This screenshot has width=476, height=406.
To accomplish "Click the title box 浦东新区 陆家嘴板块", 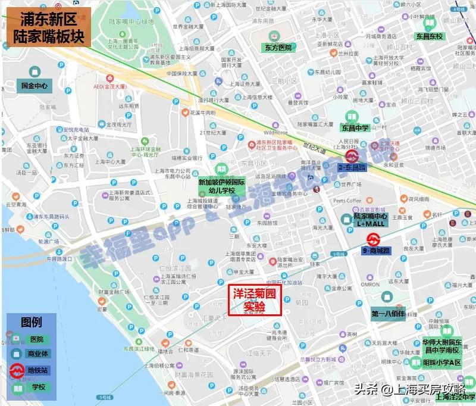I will [x=46, y=27].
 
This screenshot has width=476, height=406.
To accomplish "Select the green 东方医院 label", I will [x=279, y=47].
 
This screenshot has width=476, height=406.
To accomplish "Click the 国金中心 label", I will [x=34, y=86].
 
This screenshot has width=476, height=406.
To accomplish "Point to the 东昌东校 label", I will [x=430, y=36].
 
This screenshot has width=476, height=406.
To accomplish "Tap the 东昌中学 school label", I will [x=354, y=127].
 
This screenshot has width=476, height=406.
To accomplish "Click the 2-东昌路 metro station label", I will [x=351, y=168].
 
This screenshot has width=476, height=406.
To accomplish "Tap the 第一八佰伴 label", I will [x=387, y=313].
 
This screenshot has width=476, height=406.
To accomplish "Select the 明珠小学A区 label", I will [x=441, y=363].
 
